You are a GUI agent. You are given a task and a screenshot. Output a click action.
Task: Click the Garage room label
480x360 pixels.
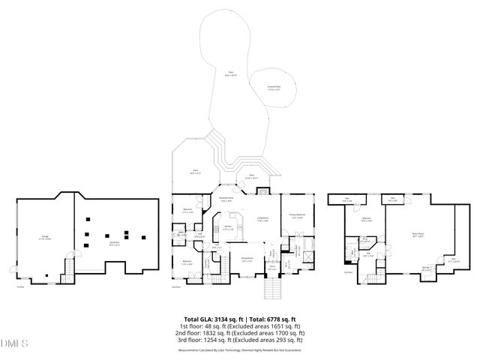44,237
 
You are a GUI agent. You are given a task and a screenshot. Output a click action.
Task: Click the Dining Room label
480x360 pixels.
246,259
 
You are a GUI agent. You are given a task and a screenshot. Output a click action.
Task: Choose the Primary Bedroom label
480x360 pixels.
296,214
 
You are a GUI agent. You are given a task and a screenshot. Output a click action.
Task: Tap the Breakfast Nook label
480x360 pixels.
226,199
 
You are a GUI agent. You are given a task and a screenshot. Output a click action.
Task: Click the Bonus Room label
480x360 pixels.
417,234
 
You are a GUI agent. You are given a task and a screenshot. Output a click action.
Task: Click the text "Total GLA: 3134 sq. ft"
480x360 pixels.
212,319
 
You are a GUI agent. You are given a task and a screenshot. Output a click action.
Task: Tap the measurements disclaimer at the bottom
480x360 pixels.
239,349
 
